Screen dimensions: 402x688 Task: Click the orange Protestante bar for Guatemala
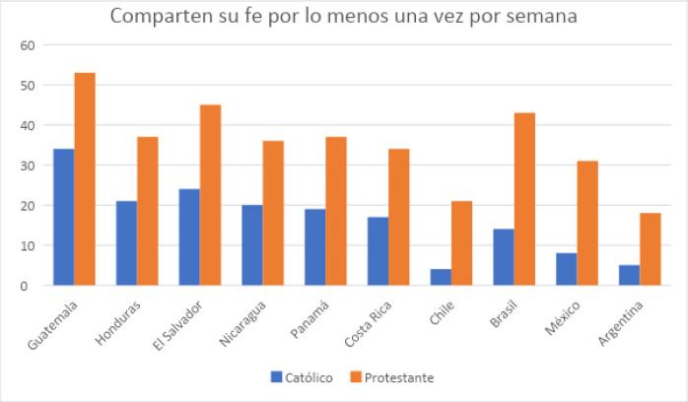click(85, 178)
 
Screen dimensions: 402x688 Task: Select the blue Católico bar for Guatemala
click(63, 217)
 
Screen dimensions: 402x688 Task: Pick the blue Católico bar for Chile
click(441, 277)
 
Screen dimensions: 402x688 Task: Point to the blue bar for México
click(566, 269)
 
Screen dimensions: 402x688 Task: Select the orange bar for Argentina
click(651, 248)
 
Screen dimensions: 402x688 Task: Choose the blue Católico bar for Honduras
click(126, 242)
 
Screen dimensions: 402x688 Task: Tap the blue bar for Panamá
click(314, 246)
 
